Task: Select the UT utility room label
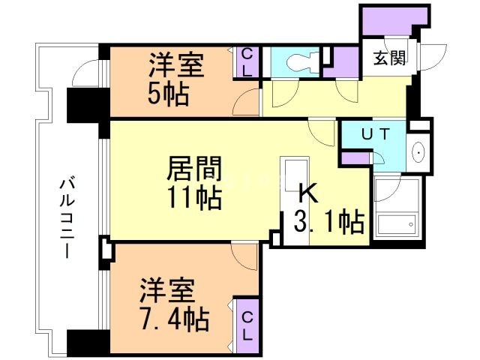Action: click(375, 135)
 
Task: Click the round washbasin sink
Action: click(418, 152)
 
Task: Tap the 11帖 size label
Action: click(193, 198)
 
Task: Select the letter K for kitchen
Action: click(309, 193)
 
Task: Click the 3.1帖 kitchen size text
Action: click(330, 221)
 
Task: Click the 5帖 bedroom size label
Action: click(167, 94)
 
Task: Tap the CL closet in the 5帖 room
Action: click(247, 61)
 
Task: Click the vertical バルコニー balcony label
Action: click(67, 217)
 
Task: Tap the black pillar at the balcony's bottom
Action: click(88, 341)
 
